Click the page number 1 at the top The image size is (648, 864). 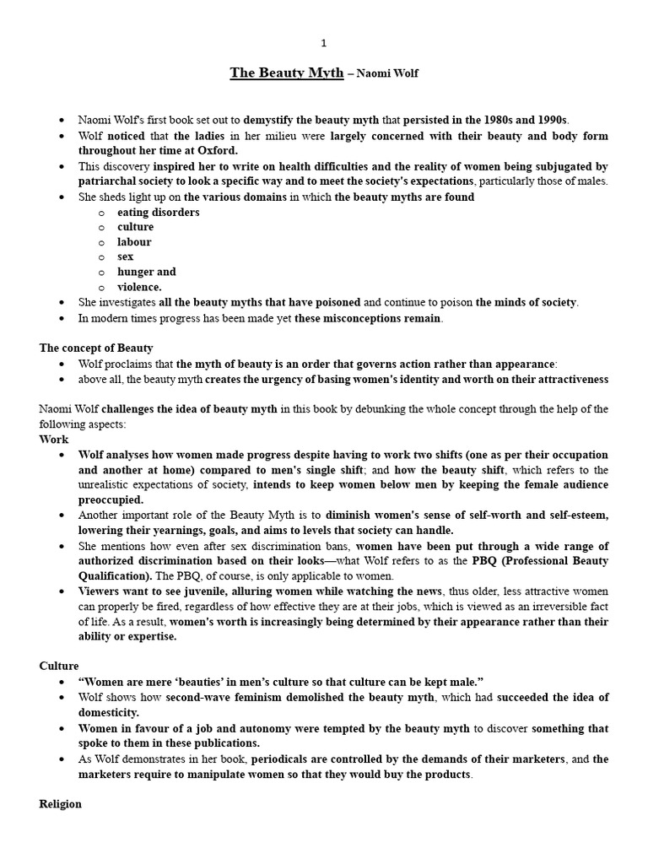(x=323, y=43)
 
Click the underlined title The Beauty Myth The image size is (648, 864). (x=287, y=73)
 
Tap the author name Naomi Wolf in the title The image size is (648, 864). (x=387, y=74)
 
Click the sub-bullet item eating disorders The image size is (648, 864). (x=159, y=213)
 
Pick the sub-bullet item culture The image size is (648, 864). (x=136, y=227)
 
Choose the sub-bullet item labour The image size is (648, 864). (x=135, y=242)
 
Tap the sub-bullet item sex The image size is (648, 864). (x=126, y=256)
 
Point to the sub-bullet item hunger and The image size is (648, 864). (x=147, y=272)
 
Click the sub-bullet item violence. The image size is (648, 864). (x=139, y=287)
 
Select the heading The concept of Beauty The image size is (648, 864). (x=96, y=348)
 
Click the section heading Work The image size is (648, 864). (x=54, y=440)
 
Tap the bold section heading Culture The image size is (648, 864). (x=59, y=666)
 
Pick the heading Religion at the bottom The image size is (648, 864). (x=61, y=804)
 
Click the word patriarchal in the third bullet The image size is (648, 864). (x=114, y=181)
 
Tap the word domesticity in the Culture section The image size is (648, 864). (x=108, y=712)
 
